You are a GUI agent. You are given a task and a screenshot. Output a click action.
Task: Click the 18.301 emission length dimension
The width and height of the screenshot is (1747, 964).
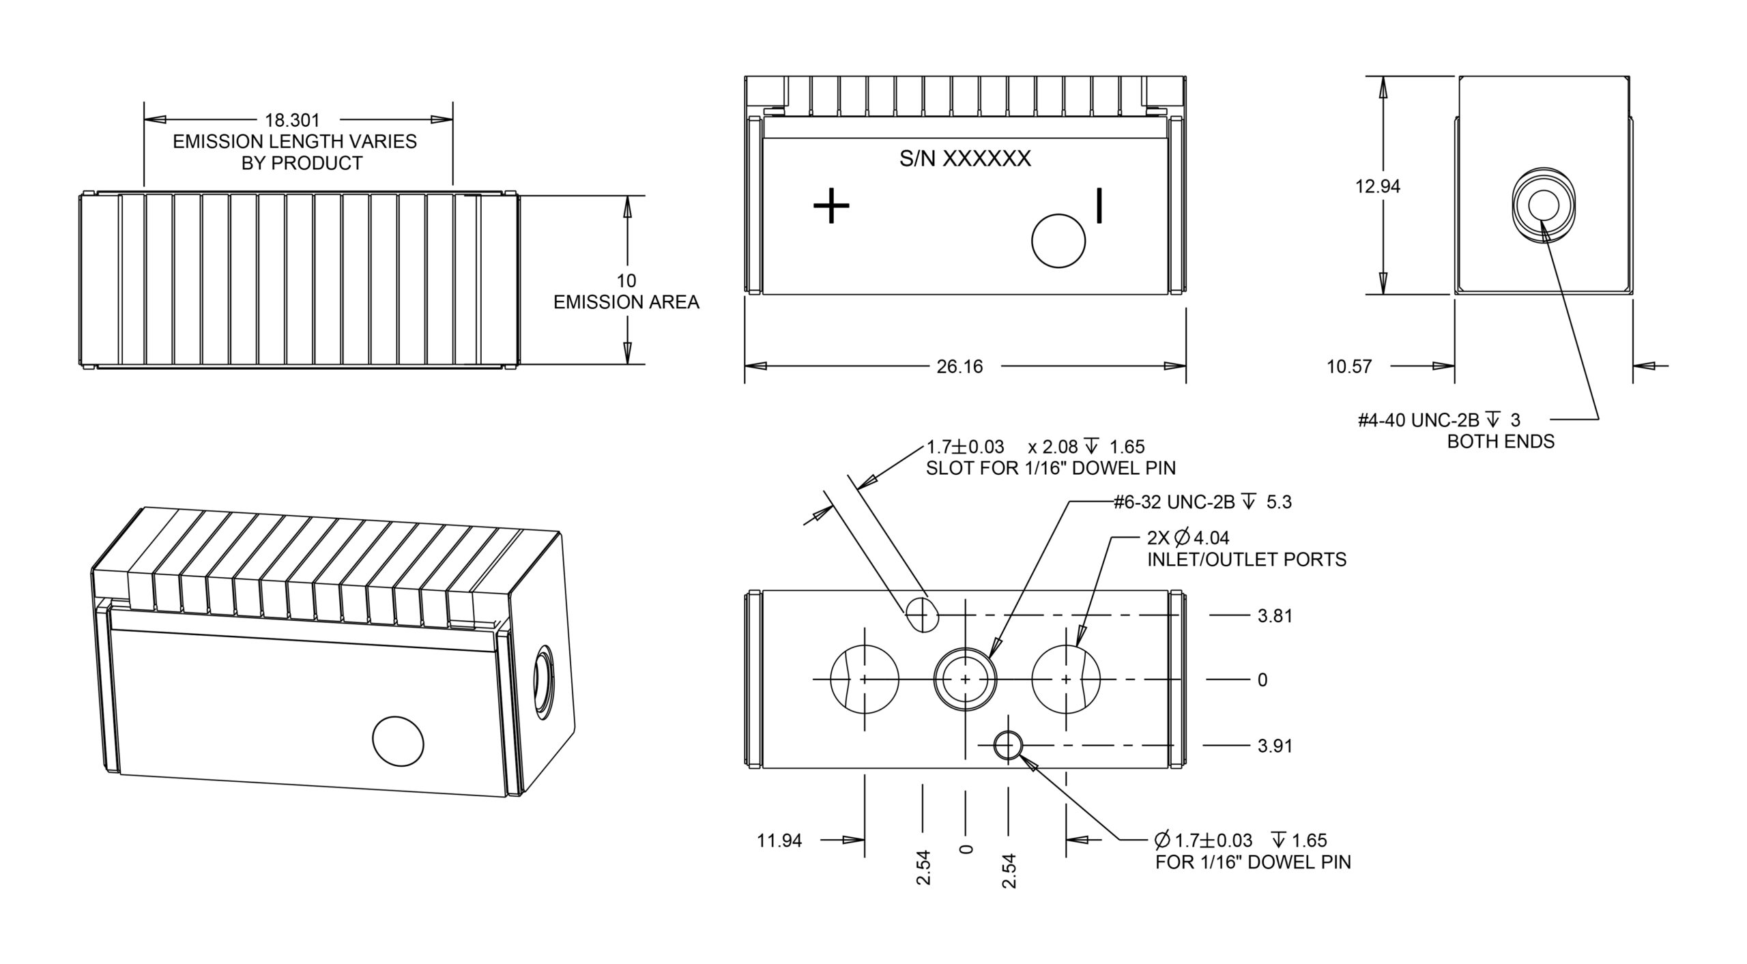coord(292,121)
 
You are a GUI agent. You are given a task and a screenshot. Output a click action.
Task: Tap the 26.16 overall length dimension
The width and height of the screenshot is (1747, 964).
coord(959,367)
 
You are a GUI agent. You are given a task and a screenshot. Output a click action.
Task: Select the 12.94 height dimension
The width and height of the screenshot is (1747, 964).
coord(1377,186)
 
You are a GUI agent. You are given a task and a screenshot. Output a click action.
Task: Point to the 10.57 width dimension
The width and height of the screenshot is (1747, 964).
coord(1348,367)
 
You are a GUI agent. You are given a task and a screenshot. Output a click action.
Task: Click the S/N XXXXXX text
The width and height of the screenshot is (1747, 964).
coord(964,159)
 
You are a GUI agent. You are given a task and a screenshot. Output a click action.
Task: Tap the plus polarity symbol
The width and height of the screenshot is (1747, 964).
coord(831,205)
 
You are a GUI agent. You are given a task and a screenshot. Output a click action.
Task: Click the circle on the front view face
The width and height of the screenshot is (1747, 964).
coord(1058,240)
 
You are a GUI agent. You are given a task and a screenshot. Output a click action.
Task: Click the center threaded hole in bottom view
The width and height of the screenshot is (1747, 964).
coord(965,680)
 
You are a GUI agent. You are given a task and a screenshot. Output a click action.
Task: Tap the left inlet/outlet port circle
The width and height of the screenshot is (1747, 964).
coord(864,680)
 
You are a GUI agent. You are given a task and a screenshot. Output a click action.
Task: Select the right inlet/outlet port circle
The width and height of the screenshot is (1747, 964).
coord(1066,680)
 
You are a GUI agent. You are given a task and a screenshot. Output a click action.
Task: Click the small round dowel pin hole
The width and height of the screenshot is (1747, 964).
coord(1007,746)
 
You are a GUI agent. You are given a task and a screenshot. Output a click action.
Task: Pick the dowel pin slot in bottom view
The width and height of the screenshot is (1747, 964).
coord(922,615)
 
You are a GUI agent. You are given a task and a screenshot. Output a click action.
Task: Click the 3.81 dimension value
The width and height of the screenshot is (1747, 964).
coord(1275,616)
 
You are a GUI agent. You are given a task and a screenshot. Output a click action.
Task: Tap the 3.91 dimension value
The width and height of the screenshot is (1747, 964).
coord(1275,746)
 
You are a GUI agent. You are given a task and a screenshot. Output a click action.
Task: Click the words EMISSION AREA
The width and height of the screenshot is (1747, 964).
coord(626,302)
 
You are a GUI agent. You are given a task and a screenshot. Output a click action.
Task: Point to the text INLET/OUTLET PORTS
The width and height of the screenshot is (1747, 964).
coord(1247,560)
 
